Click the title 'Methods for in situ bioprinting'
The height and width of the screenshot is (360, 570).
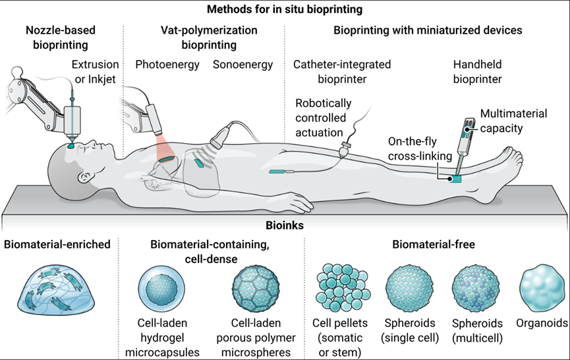(x=285, y=9)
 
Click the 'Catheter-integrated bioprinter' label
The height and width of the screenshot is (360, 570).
(x=341, y=71)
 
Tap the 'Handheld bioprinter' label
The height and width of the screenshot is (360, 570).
(x=477, y=71)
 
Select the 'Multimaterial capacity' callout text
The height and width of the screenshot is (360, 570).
(x=513, y=120)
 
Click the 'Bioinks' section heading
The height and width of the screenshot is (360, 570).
(x=285, y=225)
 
